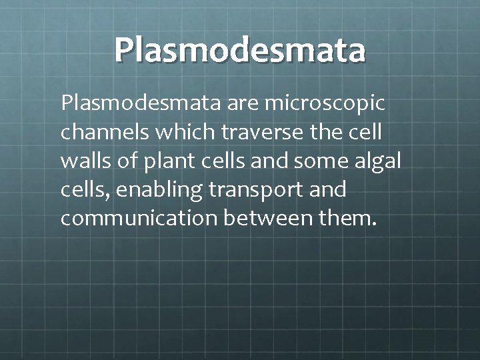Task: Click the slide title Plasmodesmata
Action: point(239,50)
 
